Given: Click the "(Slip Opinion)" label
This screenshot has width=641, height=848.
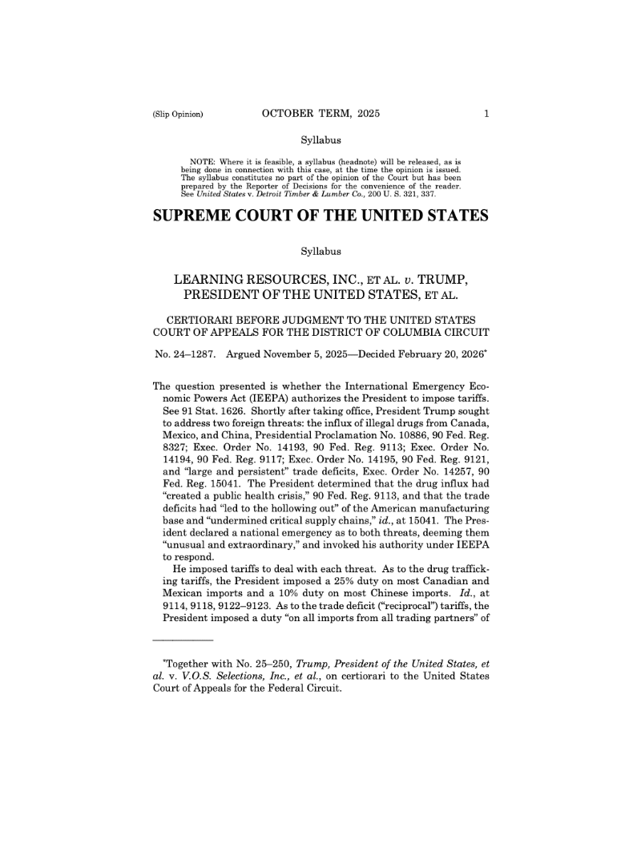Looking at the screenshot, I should [177, 114].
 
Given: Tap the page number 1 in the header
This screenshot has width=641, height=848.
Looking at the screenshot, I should [486, 114].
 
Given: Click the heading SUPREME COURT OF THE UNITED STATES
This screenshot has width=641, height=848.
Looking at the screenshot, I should [320, 217].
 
